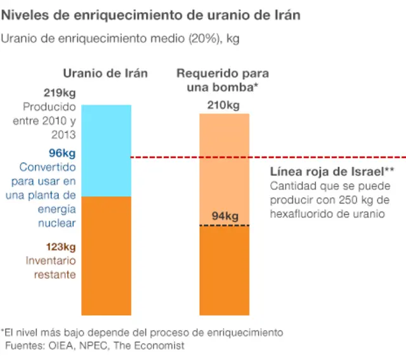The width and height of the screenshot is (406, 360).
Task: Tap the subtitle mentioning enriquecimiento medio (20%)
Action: coord(120,38)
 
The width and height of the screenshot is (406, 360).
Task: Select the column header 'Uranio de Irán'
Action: coord(105,74)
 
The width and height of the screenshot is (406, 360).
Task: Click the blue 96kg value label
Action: coord(62,153)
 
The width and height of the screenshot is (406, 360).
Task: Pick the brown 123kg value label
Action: coord(60,247)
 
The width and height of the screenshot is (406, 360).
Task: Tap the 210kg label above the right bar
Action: coord(223,105)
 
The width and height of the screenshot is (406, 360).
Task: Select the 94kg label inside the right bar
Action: coord(225,217)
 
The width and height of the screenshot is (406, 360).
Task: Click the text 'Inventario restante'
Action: coord(51,267)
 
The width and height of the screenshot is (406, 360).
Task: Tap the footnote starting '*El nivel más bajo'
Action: coord(142,333)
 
